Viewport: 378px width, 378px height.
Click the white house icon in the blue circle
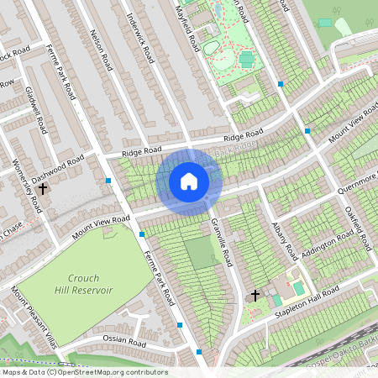click(189, 181)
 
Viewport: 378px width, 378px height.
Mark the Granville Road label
click(221, 244)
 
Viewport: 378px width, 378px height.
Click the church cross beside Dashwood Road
click(42, 190)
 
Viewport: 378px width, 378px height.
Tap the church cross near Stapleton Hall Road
click(255, 296)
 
